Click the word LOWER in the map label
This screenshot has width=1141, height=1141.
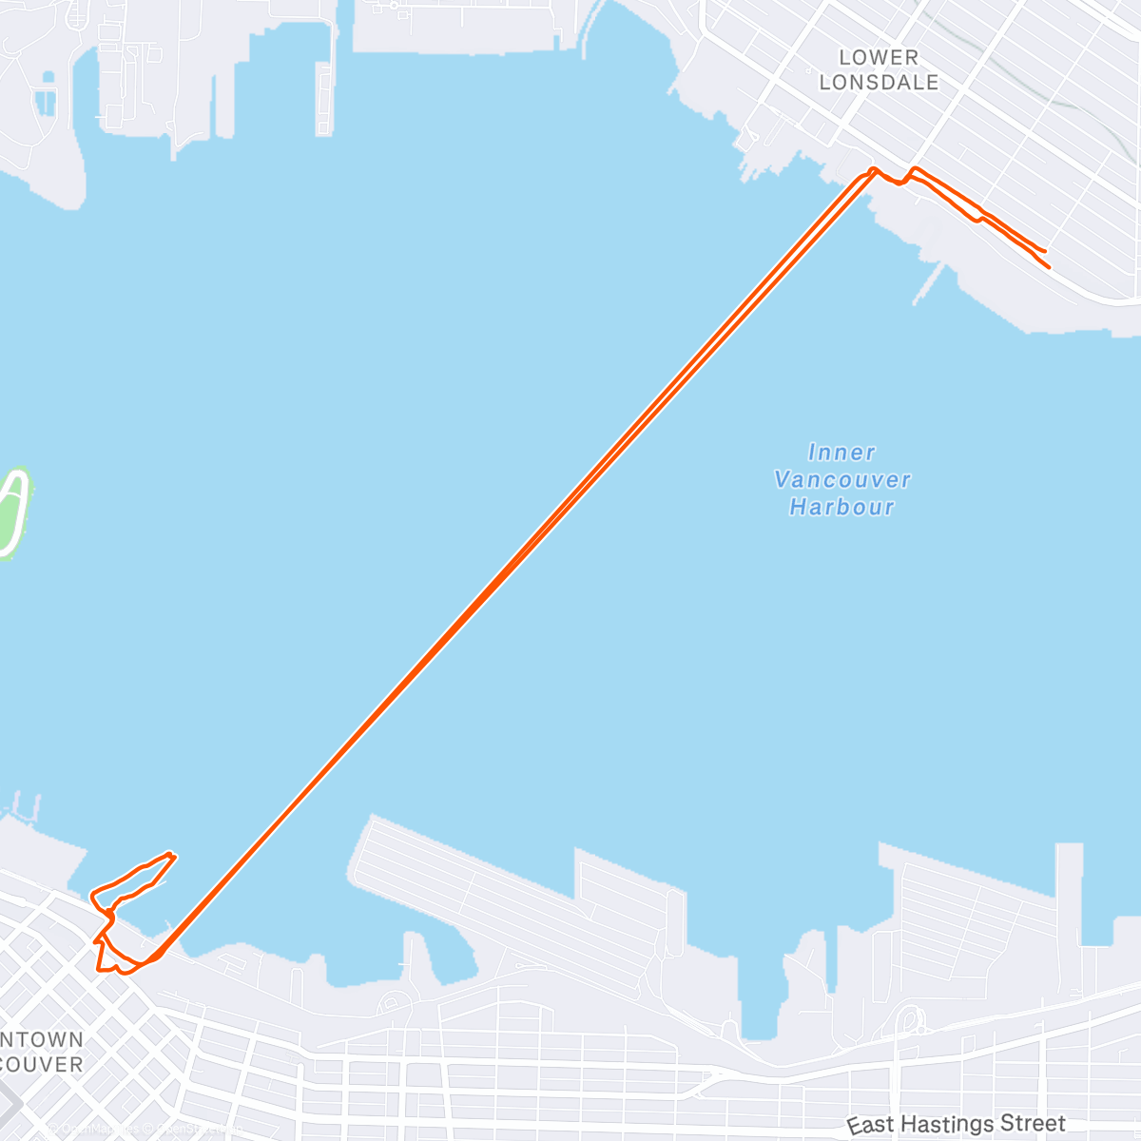(879, 58)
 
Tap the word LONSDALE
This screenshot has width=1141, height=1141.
(879, 83)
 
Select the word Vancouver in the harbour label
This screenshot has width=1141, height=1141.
(842, 479)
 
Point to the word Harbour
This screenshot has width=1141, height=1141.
(842, 507)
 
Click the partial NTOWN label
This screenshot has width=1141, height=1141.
(42, 1040)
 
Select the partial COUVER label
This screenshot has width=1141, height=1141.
(42, 1065)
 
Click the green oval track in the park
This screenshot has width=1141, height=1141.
(11, 511)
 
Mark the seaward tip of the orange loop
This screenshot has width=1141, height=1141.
(172, 854)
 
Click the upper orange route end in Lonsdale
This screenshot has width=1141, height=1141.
(1045, 250)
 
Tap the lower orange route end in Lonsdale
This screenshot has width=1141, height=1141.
(1049, 268)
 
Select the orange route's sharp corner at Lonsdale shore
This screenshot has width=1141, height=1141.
(873, 170)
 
